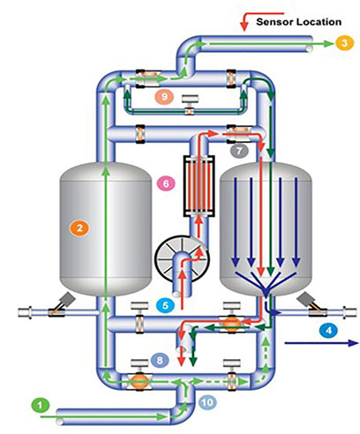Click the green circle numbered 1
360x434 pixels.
click(41, 406)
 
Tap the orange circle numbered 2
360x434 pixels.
click(79, 228)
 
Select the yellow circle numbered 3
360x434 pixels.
click(344, 43)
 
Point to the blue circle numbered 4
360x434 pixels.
click(328, 330)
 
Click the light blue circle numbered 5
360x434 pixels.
click(165, 305)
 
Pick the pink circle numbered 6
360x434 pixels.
click(166, 183)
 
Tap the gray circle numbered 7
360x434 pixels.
click(239, 151)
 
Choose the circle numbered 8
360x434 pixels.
click(160, 360)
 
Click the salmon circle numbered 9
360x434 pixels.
click(164, 96)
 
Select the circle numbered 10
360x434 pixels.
click(207, 402)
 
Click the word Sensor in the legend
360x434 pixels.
click(274, 22)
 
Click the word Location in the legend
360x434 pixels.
click(319, 22)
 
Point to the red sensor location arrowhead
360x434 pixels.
click(244, 26)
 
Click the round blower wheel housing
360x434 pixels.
click(182, 258)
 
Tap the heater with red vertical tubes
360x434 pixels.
click(199, 186)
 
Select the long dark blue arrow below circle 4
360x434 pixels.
click(321, 343)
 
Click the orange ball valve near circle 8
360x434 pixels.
click(139, 381)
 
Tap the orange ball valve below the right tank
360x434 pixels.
click(231, 324)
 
